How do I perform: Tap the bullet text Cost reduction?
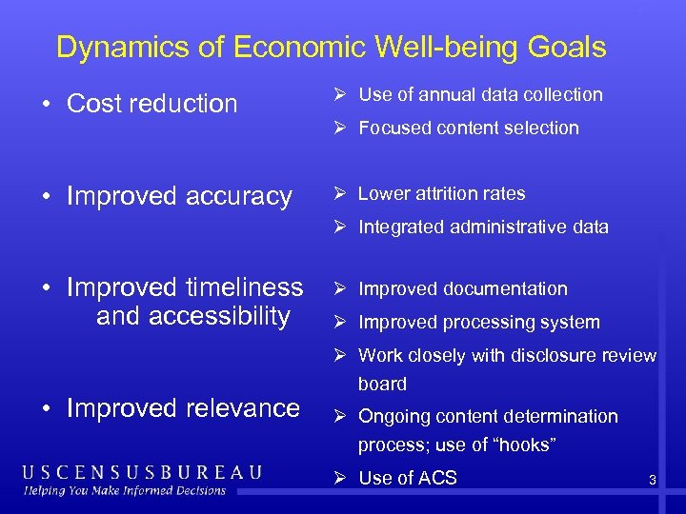pyautogui.click(x=151, y=104)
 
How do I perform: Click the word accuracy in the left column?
pyautogui.click(x=238, y=196)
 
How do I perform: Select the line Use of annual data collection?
pyautogui.click(x=480, y=94)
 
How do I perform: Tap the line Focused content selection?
pyautogui.click(x=468, y=128)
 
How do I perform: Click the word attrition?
pyautogui.click(x=442, y=193)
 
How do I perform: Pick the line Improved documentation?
pyautogui.click(x=462, y=288)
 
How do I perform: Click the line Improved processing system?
pyautogui.click(x=478, y=322)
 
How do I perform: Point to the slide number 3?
pyautogui.click(x=652, y=481)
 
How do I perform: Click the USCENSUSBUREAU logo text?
pyautogui.click(x=142, y=472)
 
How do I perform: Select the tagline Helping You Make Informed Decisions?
pyautogui.click(x=125, y=490)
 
